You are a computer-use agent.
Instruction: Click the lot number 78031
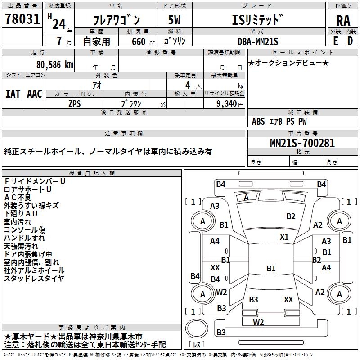point(22,19)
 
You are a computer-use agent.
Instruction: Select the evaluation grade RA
point(343,20)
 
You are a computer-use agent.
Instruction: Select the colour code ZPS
point(75,103)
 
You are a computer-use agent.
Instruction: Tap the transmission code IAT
point(13,94)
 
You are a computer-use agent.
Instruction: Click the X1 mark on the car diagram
point(284,237)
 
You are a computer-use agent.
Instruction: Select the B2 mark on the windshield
point(291,216)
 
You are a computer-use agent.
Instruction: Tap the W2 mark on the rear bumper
point(258,322)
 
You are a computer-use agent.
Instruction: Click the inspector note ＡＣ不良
point(18,197)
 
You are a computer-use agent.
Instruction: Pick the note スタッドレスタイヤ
point(34,278)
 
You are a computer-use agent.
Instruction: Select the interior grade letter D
point(350,41)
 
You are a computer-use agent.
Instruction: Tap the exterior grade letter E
point(335,41)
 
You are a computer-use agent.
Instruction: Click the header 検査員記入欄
point(92,173)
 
